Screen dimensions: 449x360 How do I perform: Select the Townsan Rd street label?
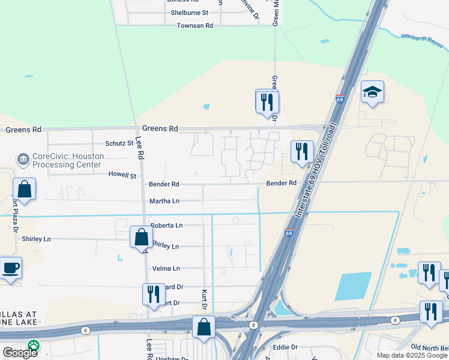point(195,26)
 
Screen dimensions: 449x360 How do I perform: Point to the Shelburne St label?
point(189,12)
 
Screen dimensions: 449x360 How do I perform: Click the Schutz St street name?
point(119,143)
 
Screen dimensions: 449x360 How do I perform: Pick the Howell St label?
point(122,175)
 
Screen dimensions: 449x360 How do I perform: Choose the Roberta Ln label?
point(166,225)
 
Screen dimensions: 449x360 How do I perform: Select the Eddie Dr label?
point(285,347)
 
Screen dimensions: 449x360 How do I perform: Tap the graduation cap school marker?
point(372,92)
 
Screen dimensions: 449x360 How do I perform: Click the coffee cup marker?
point(11,268)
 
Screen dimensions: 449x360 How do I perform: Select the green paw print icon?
point(33,346)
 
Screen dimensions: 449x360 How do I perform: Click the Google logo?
point(20,353)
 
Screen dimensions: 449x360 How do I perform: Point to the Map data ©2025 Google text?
point(411,355)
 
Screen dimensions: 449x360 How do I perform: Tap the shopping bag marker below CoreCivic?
point(24,189)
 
